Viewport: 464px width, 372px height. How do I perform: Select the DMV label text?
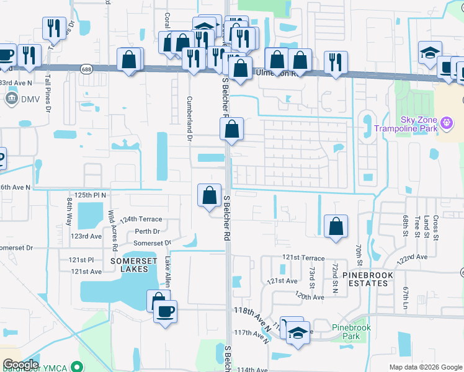[x=30, y=99]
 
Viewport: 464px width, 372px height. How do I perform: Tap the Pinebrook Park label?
[x=346, y=332]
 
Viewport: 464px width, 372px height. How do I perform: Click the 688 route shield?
[x=87, y=69]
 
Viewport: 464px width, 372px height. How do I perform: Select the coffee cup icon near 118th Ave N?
[x=165, y=312]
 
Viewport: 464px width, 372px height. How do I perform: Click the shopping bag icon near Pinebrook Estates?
[x=336, y=227]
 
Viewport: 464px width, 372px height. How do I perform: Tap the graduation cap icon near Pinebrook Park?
[x=298, y=335]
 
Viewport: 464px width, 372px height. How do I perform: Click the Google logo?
[x=20, y=365]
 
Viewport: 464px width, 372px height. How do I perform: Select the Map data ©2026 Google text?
[x=425, y=367]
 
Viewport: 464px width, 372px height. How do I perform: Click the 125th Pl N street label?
[x=92, y=195]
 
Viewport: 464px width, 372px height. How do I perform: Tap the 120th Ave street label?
[x=310, y=296]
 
